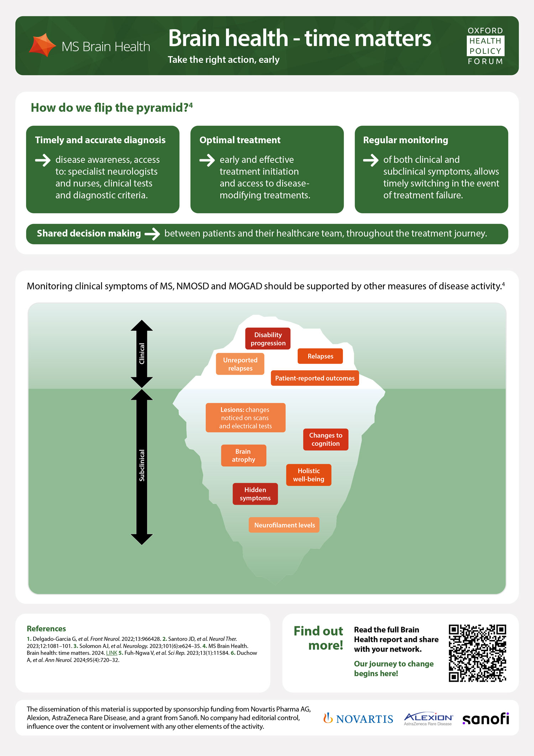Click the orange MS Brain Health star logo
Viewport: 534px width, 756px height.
click(42, 45)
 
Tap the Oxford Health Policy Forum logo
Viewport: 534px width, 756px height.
click(486, 46)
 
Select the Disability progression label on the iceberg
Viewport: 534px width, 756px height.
click(268, 339)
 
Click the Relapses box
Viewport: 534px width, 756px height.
click(320, 356)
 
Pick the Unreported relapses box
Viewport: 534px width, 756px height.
click(240, 364)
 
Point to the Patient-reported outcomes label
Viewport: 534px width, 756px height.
click(315, 378)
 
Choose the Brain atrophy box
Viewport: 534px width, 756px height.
click(244, 456)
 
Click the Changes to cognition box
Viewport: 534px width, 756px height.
click(325, 440)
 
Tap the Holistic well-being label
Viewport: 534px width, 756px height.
click(309, 475)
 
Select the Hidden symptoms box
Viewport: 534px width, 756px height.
click(255, 494)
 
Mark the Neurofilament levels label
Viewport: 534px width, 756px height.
click(284, 525)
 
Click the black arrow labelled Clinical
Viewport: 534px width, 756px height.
click(142, 353)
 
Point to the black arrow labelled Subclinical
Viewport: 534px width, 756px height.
click(142, 467)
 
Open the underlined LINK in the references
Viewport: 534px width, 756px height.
click(111, 653)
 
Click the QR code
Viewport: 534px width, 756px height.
click(477, 653)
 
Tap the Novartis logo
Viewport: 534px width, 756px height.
click(358, 719)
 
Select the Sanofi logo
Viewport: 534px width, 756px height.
click(486, 719)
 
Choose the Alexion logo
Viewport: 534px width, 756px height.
click(428, 719)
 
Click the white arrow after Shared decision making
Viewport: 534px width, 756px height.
click(152, 234)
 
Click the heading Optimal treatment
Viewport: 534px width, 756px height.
click(240, 140)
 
